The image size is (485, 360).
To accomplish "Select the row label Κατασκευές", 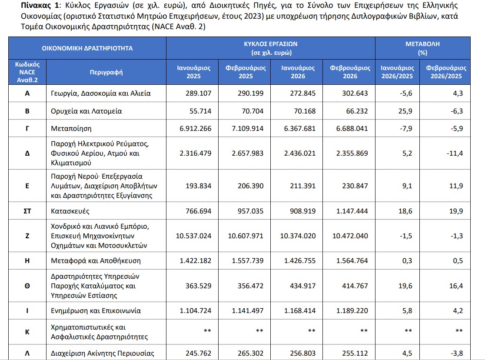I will coord(69,212).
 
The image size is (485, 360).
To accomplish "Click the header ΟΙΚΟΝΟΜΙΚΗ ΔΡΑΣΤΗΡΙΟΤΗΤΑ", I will coord(87,48).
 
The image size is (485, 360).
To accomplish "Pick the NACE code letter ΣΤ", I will coord(27,212).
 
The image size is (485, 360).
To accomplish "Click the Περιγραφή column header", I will coord(106,72).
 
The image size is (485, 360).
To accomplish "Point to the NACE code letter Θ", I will coord(27,286).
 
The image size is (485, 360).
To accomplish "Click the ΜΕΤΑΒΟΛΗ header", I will coord(422,44).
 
